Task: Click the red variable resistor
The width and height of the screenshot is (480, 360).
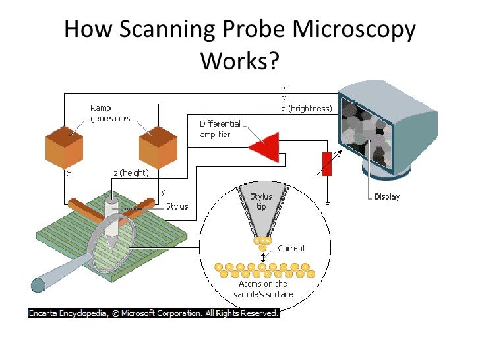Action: coord(326,164)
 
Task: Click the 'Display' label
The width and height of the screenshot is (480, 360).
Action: coord(387,196)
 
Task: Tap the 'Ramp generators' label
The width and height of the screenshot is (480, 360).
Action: coord(110,113)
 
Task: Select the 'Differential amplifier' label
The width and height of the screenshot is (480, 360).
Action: coord(220,129)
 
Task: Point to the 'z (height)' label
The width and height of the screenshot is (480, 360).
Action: coord(131,173)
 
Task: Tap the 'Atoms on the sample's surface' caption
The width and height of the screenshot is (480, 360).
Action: coord(263,289)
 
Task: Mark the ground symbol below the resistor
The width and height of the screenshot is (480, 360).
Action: coord(327,204)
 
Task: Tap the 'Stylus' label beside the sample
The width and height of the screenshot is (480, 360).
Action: coord(177,206)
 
